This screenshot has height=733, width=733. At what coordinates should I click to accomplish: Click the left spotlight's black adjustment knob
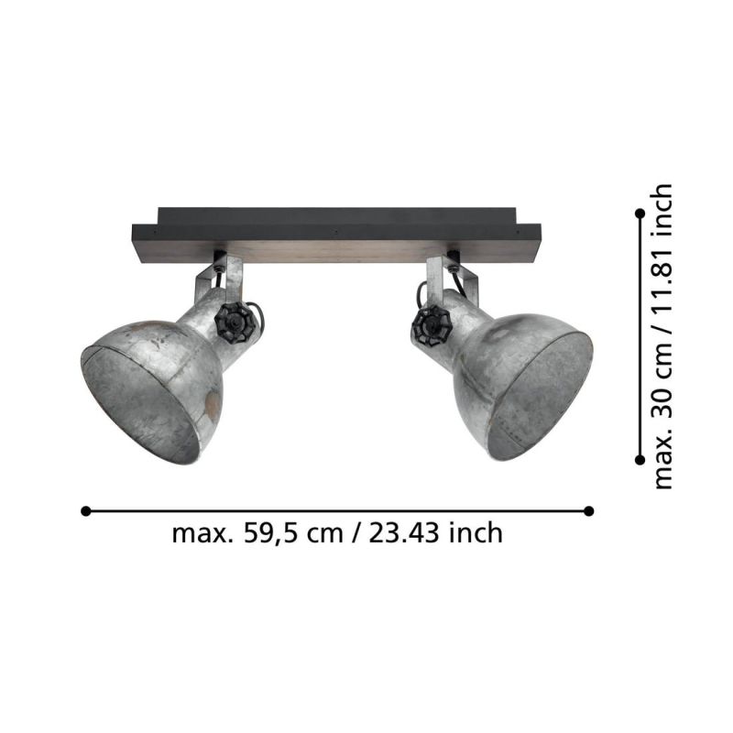[x=235, y=323]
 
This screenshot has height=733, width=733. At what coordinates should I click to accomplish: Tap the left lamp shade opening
[x=140, y=403]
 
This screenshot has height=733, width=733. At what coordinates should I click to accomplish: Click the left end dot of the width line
[x=85, y=510]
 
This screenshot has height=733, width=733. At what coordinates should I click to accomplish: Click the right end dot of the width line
[x=589, y=510]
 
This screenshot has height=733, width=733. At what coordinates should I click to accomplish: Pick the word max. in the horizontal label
[x=200, y=533]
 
